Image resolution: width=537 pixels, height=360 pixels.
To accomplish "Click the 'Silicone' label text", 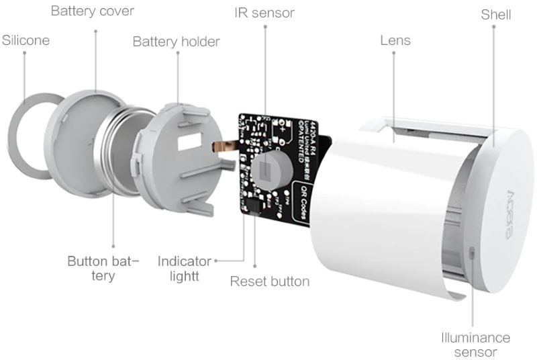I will coord(26,40).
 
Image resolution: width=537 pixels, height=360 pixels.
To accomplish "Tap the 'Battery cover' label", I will coord(93,11).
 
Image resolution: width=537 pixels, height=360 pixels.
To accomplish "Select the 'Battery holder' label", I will coord(176,42).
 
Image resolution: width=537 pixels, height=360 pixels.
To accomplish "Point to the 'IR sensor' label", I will coord(264,13).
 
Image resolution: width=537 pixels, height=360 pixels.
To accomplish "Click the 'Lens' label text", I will coord(395,40).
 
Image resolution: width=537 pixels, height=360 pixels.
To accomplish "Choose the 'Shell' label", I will coord(495,14).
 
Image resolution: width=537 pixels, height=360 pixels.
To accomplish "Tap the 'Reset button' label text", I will coord(270,281).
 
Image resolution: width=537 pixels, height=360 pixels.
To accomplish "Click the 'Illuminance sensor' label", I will coord(475,345).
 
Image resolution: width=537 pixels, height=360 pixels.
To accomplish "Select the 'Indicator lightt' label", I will coord(185,268).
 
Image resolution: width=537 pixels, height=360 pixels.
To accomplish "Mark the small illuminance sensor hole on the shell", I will coord(473,252).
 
